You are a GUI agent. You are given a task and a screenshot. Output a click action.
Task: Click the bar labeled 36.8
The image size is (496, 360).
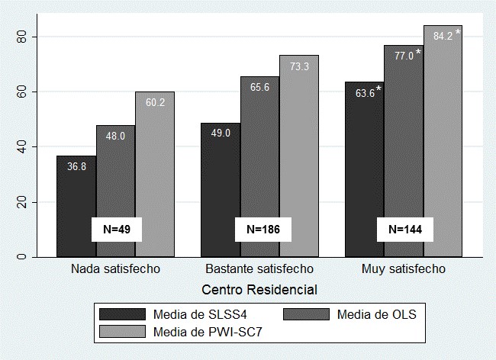(76, 191)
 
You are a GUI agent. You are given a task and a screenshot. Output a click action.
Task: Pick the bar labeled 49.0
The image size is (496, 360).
(220, 175)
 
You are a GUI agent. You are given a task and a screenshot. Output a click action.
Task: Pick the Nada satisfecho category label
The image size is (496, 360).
(116, 270)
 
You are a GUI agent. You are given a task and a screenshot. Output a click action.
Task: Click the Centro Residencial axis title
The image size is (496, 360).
(259, 290)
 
